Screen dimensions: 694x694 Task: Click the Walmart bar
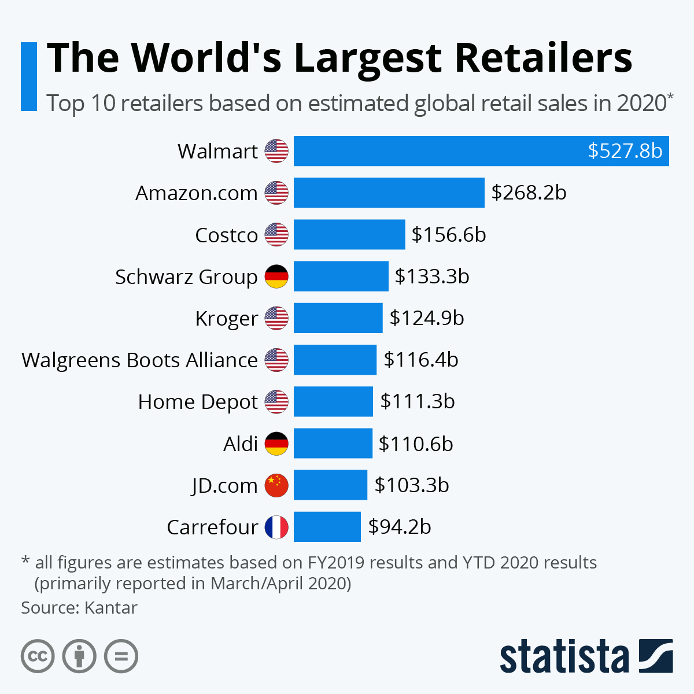[440, 151]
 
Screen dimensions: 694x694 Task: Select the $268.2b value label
[529, 193]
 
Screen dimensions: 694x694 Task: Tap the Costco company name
[226, 235]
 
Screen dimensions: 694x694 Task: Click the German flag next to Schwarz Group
[276, 276]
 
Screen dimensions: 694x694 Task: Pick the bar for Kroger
[338, 318]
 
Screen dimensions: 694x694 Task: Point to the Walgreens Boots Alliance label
[139, 360]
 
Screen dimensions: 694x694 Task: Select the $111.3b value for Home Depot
[417, 401]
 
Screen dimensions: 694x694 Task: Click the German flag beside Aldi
[276, 444]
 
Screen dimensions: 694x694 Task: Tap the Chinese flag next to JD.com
[276, 485]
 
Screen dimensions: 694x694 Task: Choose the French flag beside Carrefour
[276, 527]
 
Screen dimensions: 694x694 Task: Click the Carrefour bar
[327, 527]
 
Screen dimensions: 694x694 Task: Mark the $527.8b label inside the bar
[625, 151]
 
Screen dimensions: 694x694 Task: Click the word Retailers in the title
[543, 58]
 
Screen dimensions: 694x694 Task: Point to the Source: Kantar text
[79, 608]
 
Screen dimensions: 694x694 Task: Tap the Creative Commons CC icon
[38, 656]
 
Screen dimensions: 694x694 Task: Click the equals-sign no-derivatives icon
[121, 656]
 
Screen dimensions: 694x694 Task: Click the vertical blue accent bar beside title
[28, 76]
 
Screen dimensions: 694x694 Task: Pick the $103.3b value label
[411, 485]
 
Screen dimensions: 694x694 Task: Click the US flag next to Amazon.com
[276, 193]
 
